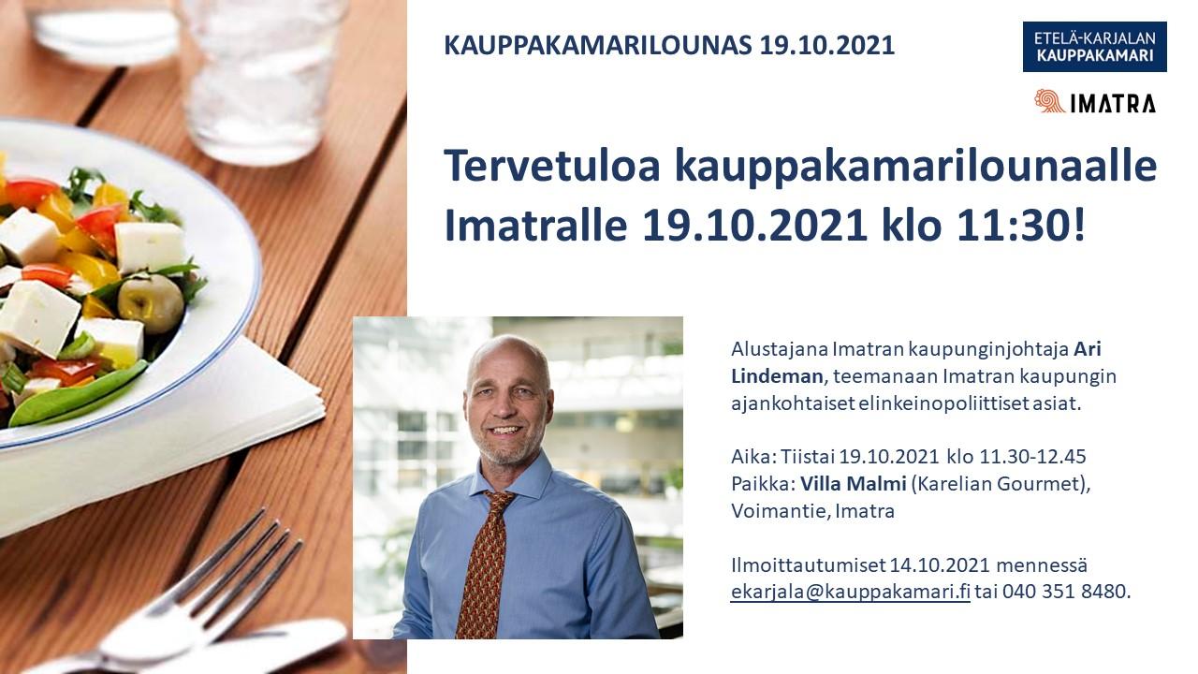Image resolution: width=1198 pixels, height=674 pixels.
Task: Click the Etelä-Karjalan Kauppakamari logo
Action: tap(1095, 47)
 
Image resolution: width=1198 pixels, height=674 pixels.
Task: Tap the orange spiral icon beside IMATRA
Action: tap(1050, 101)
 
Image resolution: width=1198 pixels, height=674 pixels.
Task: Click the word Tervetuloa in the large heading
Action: tap(552, 166)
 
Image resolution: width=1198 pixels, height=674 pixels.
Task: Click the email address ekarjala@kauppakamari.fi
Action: tap(851, 592)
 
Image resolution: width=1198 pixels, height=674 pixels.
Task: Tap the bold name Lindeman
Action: tap(777, 376)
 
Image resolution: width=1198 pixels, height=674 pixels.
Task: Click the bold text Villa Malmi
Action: tap(853, 484)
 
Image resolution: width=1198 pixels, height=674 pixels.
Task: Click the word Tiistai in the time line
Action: tap(808, 457)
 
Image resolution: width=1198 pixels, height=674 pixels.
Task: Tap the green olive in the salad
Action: tap(151, 302)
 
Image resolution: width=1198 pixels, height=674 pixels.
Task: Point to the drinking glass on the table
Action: tap(262, 81)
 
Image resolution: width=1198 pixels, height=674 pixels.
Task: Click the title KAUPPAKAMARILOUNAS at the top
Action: tap(598, 46)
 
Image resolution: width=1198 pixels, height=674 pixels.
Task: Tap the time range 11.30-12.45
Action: tap(1032, 457)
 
